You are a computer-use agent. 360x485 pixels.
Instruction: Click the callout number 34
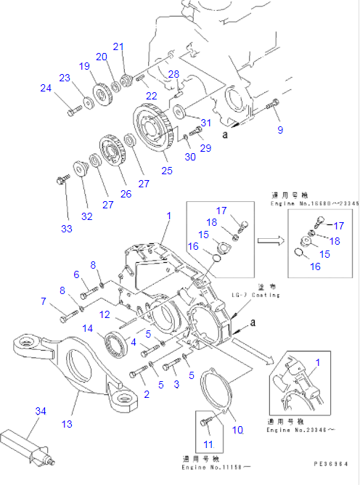click(40, 412)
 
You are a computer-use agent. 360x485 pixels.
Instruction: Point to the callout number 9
click(280, 130)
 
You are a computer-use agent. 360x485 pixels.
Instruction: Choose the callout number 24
click(46, 89)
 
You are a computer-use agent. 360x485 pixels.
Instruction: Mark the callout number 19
click(83, 67)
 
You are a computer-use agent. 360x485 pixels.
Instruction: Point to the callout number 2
click(147, 394)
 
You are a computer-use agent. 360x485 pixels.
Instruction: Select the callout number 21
click(118, 46)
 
